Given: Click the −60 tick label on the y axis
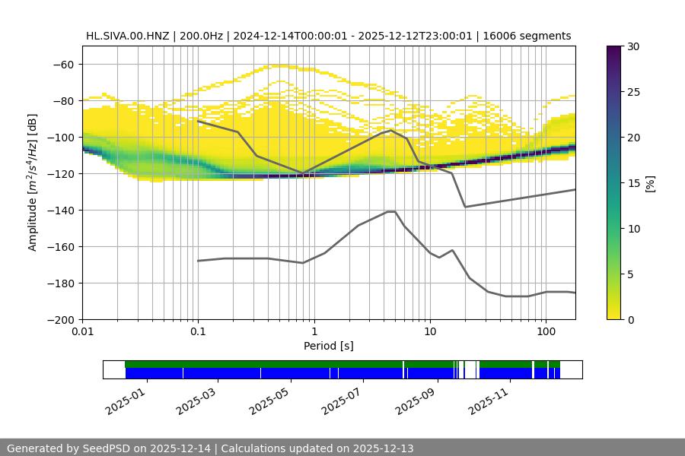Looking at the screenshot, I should (x=63, y=64).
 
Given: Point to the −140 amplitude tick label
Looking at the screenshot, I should (x=60, y=210).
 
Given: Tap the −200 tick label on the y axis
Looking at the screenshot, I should (x=60, y=319).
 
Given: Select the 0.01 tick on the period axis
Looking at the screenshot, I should (x=82, y=332).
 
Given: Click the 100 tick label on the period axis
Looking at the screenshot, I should (x=545, y=332).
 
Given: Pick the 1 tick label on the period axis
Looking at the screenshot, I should (x=314, y=332).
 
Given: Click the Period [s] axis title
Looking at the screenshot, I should (x=329, y=346).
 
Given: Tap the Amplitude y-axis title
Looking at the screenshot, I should (x=33, y=182).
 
